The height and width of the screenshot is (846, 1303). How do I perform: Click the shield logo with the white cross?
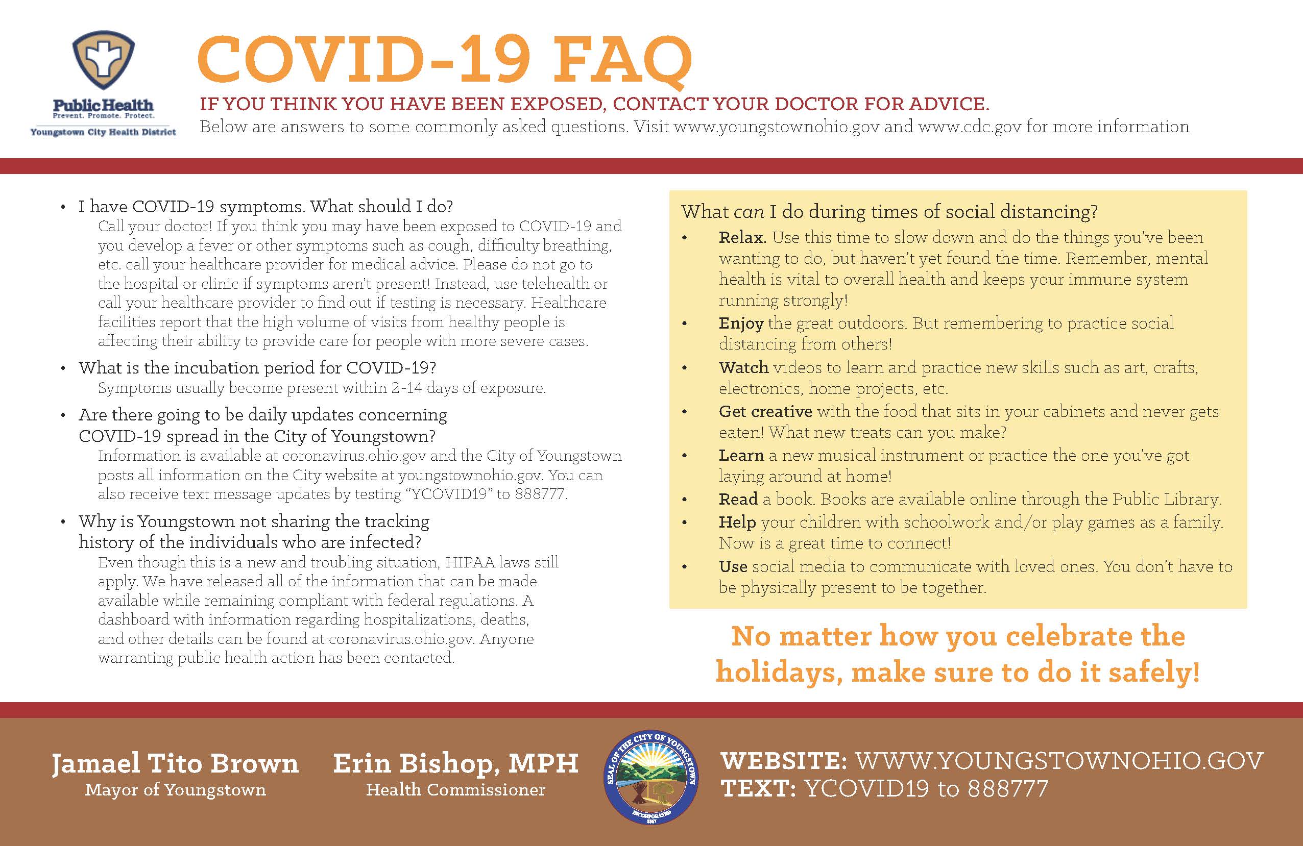(104, 60)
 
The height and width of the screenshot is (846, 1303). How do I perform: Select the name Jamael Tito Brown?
(175, 763)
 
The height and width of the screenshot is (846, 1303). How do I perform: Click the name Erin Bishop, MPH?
(455, 763)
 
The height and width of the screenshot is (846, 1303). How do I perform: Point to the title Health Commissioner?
(455, 790)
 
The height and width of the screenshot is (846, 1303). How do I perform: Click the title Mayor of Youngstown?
(175, 790)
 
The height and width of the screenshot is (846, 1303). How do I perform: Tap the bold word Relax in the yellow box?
(742, 237)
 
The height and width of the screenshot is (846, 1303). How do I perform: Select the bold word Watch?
(743, 367)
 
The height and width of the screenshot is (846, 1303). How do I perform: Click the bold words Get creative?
(765, 411)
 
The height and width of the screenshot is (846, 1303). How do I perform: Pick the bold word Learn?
(741, 455)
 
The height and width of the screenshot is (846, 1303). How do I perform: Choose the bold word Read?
(738, 499)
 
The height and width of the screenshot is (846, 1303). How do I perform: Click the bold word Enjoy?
(741, 324)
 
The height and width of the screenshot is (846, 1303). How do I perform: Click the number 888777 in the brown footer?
(1008, 789)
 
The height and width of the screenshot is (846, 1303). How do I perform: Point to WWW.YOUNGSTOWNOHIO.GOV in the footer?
(1059, 761)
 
